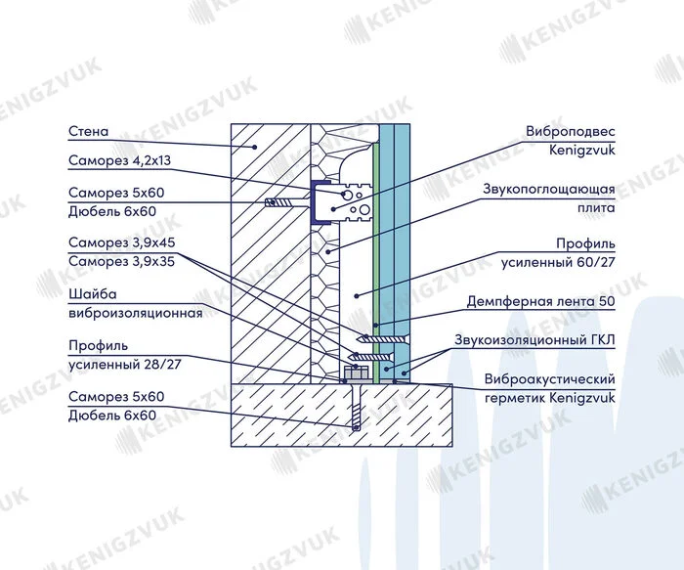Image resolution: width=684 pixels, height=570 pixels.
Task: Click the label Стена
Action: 88,131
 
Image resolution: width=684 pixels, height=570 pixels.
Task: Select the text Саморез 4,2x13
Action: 119,160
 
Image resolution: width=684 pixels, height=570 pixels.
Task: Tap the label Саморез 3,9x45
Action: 122,242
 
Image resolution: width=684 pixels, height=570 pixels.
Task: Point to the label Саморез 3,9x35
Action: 122,261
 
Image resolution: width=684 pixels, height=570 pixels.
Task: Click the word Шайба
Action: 93,294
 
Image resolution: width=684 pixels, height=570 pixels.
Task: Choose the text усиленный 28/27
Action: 125,364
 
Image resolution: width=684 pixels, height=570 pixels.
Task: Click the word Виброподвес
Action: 570,131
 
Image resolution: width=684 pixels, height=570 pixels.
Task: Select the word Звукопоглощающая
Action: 549,189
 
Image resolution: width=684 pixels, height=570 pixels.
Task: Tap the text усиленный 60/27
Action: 558,263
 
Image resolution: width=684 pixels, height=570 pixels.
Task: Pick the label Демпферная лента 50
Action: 541,301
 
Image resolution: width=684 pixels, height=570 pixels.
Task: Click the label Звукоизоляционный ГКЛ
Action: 534,339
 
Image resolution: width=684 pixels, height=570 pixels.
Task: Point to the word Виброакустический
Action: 549,378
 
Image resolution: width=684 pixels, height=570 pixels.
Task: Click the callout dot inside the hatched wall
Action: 255,147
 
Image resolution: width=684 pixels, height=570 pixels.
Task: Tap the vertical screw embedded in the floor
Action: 357,406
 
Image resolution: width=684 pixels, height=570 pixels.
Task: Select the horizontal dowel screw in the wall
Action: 288,202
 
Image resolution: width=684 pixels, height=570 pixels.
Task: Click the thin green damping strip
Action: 374,262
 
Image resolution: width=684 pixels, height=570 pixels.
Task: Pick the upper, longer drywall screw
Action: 383,338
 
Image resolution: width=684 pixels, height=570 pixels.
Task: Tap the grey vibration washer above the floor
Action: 356,373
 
